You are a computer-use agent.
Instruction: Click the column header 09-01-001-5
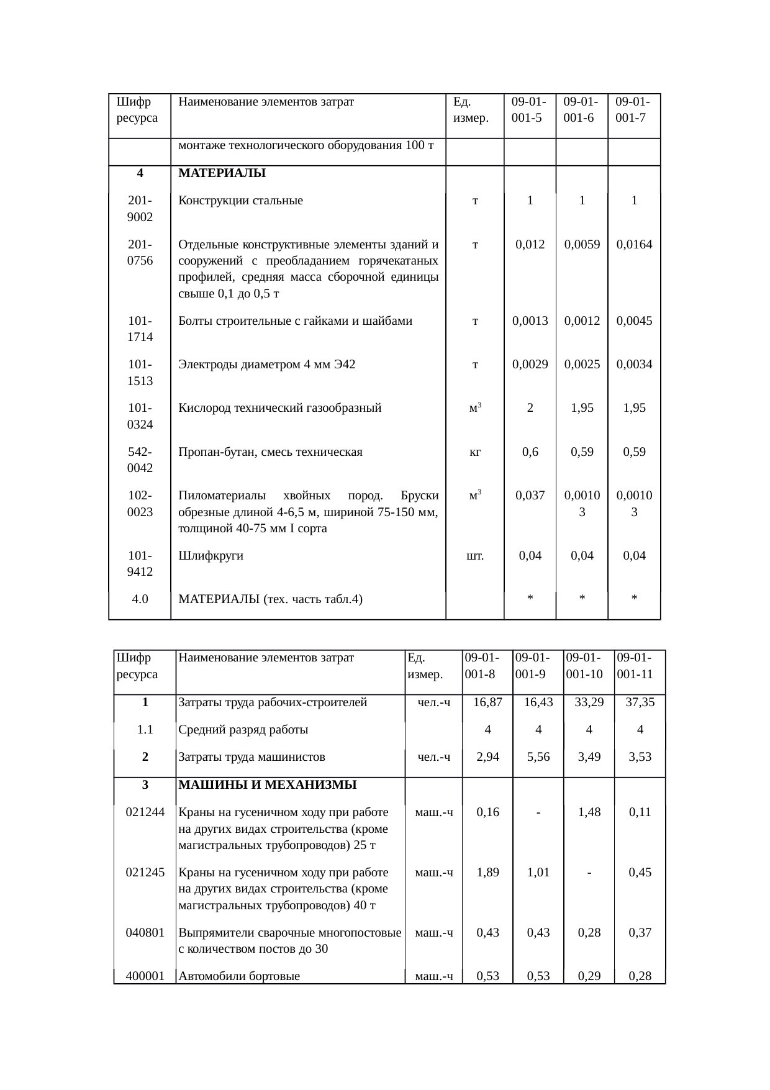coord(529,109)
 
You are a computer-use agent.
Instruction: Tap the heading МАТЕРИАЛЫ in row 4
coord(222,173)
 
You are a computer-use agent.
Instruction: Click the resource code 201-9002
coord(140,209)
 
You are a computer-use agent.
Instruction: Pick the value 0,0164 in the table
coord(634,244)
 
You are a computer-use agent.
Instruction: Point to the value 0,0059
coord(582,244)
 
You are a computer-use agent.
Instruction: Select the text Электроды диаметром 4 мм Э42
coord(266,365)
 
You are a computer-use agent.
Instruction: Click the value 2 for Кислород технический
coord(530,408)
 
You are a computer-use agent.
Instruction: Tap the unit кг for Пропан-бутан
coord(475,452)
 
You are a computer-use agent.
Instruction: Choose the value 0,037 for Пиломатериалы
coord(530,496)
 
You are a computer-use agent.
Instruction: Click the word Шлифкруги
coord(211,556)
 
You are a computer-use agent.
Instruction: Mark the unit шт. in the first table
coord(475,556)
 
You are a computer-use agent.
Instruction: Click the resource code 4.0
coord(140,599)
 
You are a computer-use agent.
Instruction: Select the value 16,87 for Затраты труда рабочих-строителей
coord(487,702)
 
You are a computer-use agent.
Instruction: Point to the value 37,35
coord(640,702)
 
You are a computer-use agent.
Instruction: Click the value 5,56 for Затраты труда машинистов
coord(538,757)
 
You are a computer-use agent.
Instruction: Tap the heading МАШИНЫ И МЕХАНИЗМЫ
coord(267,784)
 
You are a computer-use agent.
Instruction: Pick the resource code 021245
coord(145,872)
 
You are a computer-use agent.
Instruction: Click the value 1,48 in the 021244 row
coord(589,812)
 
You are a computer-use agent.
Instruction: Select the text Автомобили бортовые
coord(239,976)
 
